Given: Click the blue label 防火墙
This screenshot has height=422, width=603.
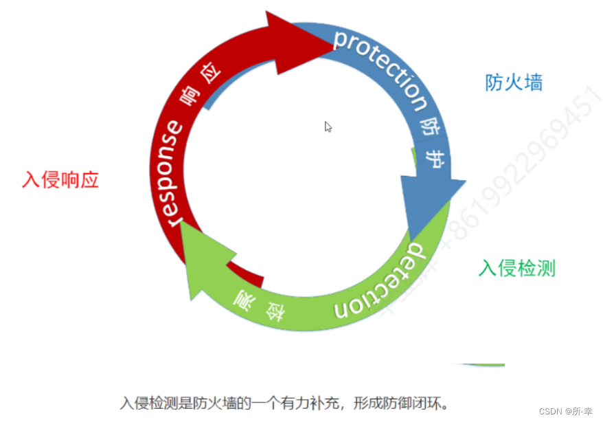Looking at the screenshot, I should (514, 83).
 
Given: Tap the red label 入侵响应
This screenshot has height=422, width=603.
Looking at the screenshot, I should (60, 180).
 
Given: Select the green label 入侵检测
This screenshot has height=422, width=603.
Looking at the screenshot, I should (516, 268).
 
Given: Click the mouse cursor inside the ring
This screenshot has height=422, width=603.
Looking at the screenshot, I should (328, 126).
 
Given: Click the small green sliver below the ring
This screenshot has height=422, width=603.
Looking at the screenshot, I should (483, 365).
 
